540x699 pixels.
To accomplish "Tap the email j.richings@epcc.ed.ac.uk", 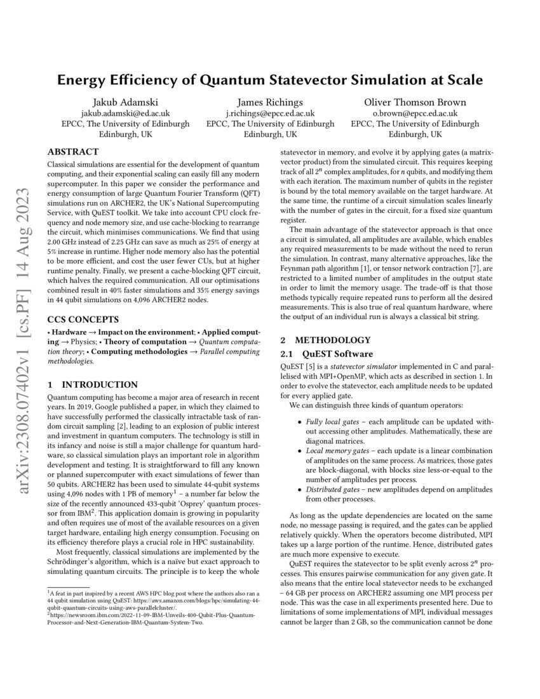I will pos(270,113).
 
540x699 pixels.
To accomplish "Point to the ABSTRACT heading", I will pos(73,152).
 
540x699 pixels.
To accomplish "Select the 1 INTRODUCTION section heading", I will pos(93,384).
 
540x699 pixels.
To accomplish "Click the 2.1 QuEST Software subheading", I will pos(327,354).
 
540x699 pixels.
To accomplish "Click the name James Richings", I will pos(270,102).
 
